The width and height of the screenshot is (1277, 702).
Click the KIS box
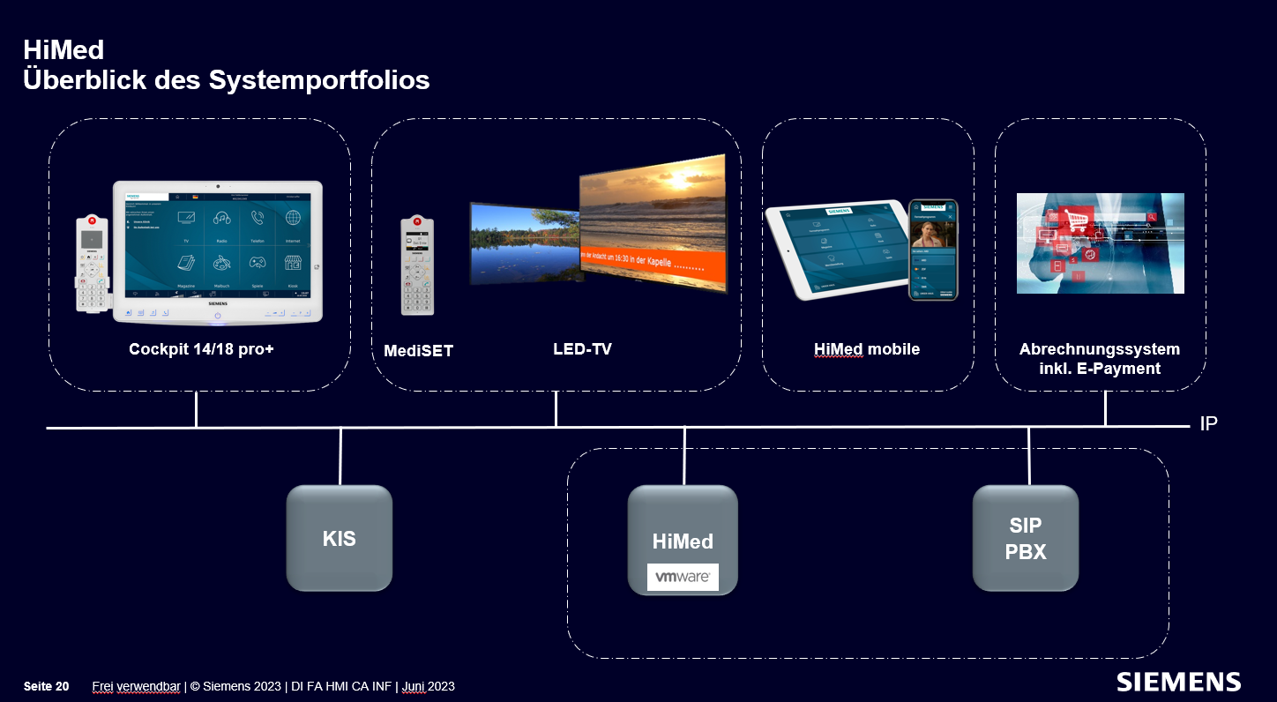click(340, 538)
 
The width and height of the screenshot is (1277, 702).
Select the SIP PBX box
click(1026, 538)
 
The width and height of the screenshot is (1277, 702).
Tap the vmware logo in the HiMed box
click(683, 578)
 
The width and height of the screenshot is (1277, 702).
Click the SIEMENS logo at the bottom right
click(1178, 682)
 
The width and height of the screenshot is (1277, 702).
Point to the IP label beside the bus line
click(1208, 424)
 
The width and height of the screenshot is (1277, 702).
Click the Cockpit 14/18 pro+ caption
click(201, 349)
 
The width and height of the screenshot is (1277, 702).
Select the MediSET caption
click(418, 351)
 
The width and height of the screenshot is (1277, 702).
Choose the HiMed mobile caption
click(866, 349)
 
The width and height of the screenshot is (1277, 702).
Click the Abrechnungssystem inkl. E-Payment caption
click(1099, 359)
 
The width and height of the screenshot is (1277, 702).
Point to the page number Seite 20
click(46, 686)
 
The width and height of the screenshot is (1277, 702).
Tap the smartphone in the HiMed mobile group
click(933, 250)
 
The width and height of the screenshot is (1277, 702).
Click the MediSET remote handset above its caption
click(417, 265)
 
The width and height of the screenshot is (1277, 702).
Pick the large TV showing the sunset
click(653, 225)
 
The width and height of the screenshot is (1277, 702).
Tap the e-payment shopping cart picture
click(1100, 243)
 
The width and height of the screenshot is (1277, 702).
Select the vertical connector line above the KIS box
click(340, 456)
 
